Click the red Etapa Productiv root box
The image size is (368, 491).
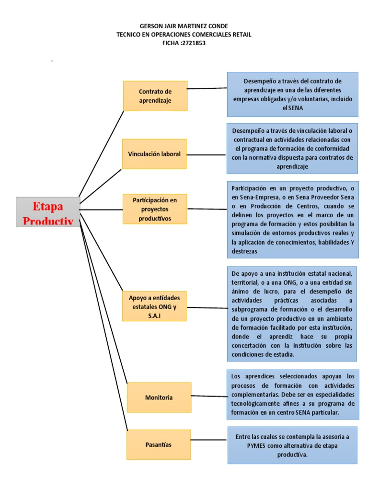[x=48, y=211]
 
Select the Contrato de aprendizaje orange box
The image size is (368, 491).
[x=155, y=96]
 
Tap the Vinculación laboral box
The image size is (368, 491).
[x=154, y=154]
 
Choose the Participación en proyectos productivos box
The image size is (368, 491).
[x=155, y=209]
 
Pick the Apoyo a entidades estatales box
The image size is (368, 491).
[x=155, y=306]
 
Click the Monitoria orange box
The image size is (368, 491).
[x=159, y=397]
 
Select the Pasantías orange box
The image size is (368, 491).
[x=159, y=444]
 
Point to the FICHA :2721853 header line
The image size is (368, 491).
[x=184, y=43]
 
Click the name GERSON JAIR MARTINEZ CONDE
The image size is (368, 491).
[x=184, y=26]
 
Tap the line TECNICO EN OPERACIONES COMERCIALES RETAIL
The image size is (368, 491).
[x=184, y=35]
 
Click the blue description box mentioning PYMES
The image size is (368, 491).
[x=292, y=445]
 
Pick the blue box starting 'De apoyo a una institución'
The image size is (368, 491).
[x=292, y=314]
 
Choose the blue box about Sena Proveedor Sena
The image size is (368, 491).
[x=292, y=218]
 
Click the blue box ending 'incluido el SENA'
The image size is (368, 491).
[x=292, y=94]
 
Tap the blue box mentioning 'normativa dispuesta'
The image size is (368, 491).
[x=292, y=148]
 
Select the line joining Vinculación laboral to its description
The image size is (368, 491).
[x=206, y=154]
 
